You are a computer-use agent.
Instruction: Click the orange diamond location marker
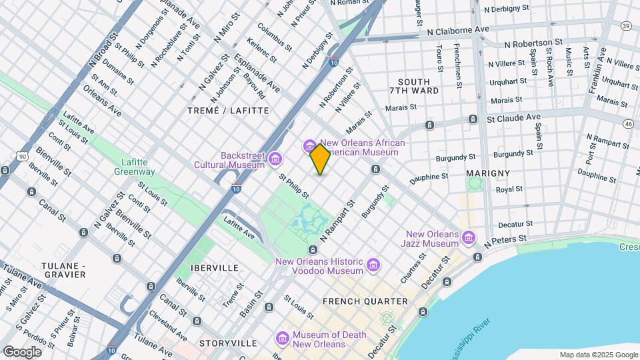(x=320, y=159)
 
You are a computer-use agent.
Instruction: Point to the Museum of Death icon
(x=283, y=339)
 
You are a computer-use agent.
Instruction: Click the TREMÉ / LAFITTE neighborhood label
(x=228, y=111)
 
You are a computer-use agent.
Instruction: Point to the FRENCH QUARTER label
(x=365, y=301)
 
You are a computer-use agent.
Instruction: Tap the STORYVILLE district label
(x=227, y=343)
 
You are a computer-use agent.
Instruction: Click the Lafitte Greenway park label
(x=138, y=167)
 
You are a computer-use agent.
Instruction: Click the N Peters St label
(x=505, y=239)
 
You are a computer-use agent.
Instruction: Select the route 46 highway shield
(x=628, y=123)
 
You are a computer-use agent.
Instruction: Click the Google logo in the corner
(x=22, y=352)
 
